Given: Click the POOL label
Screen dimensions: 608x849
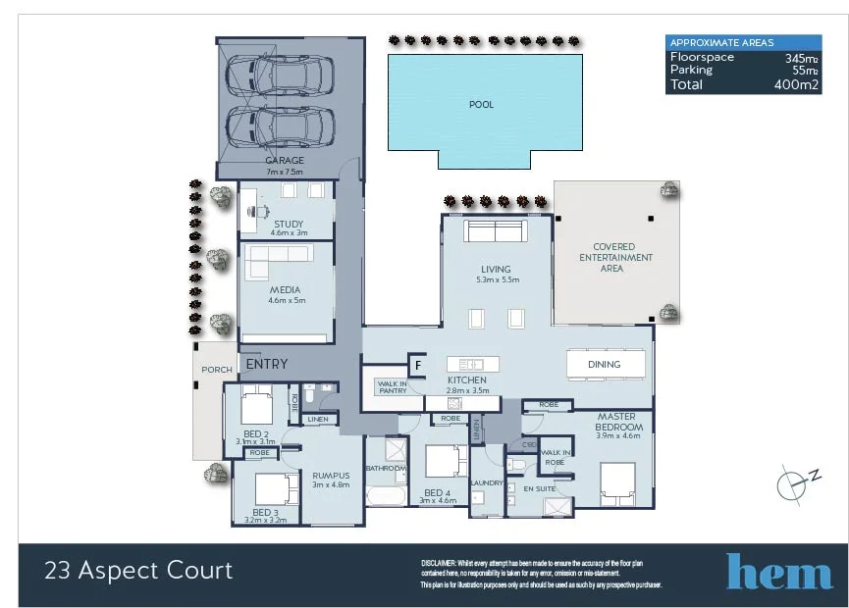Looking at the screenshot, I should click(481, 104).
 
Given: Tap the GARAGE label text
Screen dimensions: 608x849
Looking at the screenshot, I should click(285, 161).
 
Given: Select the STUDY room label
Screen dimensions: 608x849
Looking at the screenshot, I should click(289, 225).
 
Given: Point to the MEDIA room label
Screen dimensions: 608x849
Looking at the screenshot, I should click(287, 290).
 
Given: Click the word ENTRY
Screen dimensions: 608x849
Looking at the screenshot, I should click(267, 365).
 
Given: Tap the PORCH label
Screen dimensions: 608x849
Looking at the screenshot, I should click(216, 370).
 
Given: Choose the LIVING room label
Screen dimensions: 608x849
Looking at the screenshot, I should click(496, 270).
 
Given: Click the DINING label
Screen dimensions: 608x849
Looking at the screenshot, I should click(605, 365).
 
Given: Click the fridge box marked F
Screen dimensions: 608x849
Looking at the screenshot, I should click(417, 365).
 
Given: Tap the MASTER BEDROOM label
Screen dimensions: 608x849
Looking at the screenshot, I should click(618, 422).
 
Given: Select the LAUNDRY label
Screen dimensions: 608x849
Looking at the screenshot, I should click(486, 482).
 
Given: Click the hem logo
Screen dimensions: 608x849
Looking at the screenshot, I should click(778, 572).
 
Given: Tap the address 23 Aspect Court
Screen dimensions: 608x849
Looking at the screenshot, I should click(138, 570).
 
